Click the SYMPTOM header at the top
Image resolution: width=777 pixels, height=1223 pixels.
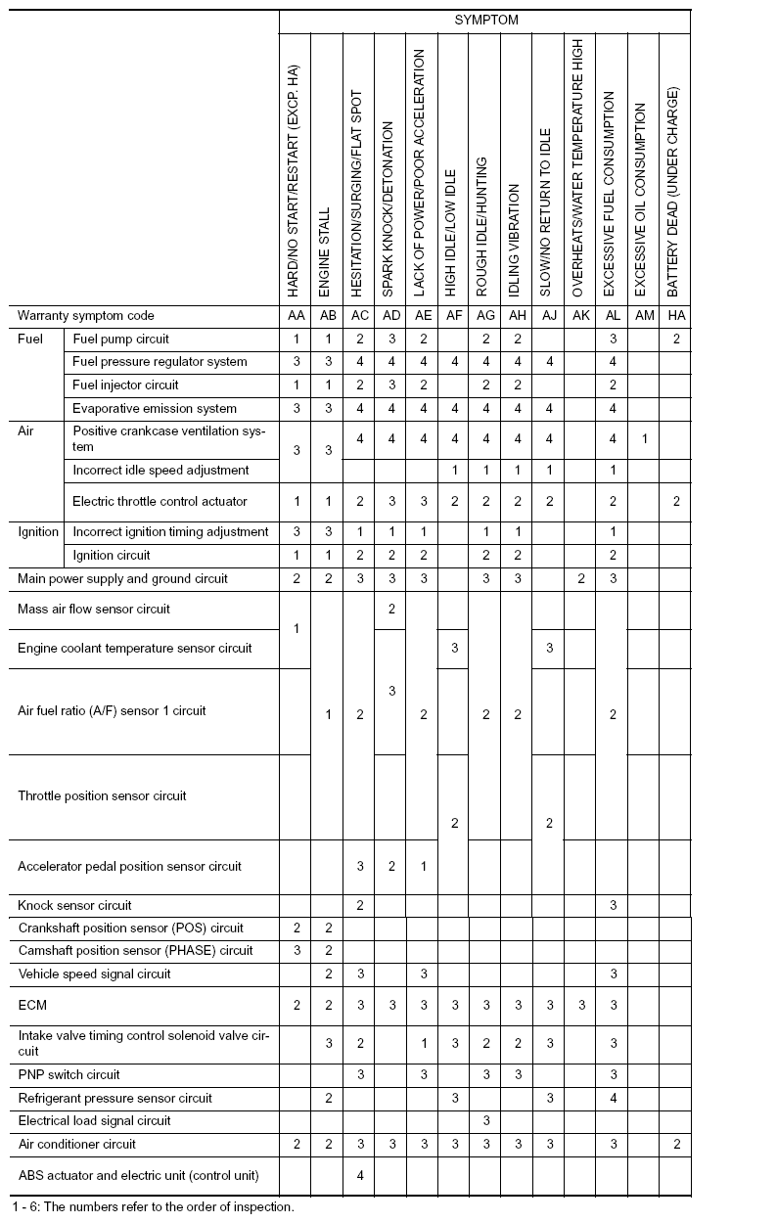[485, 20]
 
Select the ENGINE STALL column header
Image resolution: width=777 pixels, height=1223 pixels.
[325, 251]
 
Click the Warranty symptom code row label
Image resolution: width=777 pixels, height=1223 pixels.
[86, 316]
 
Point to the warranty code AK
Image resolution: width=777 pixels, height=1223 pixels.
[580, 316]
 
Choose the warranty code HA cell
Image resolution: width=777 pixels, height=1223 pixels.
[676, 316]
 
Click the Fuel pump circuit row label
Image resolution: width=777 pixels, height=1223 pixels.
[120, 339]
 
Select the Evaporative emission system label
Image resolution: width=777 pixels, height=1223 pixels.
[155, 408]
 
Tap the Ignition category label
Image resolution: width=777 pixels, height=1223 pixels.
[38, 531]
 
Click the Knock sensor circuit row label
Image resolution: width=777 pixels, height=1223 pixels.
[74, 905]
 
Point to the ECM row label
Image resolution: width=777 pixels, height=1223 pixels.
[32, 1005]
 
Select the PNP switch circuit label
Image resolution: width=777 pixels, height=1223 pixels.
[69, 1074]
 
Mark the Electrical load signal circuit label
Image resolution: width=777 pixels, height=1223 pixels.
[94, 1120]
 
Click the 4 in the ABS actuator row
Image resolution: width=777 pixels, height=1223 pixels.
[360, 1175]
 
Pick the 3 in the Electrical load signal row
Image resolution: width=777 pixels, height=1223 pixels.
[486, 1120]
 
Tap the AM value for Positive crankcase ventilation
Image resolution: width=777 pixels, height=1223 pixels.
[644, 438]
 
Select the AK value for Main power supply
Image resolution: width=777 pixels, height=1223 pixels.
[581, 578]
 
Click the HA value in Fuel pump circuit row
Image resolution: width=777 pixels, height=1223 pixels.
[676, 339]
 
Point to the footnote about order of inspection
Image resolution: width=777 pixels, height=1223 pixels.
[154, 1206]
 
